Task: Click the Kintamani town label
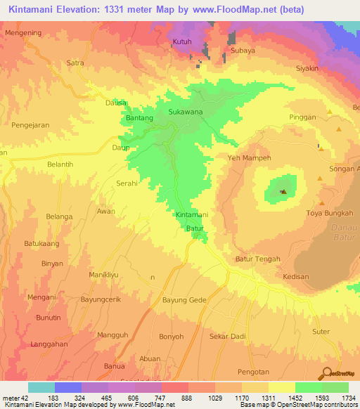(191, 214)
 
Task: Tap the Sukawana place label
(185, 112)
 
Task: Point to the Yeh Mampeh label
(248, 158)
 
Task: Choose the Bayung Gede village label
(184, 300)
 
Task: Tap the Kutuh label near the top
(182, 42)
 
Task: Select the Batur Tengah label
(257, 259)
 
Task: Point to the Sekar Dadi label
(227, 337)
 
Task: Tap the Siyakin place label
(307, 69)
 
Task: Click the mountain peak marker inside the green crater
(283, 191)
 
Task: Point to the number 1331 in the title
(125, 10)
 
